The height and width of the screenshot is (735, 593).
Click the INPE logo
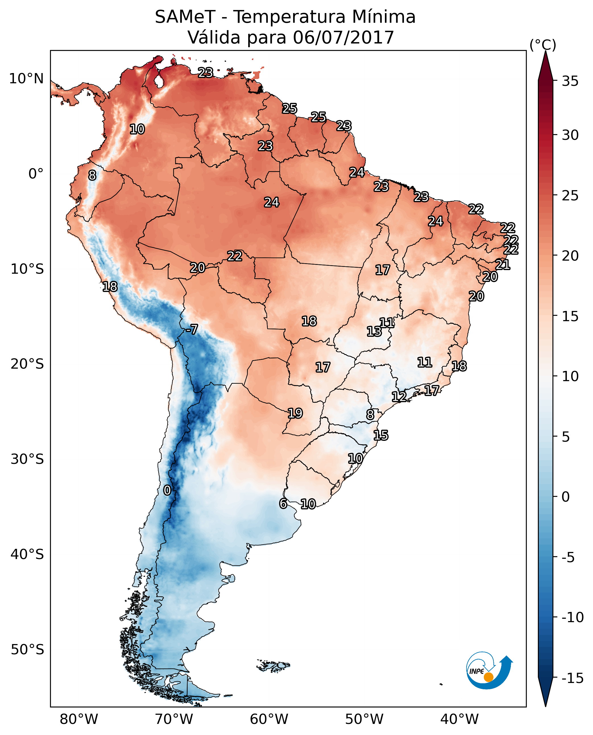pyautogui.click(x=489, y=670)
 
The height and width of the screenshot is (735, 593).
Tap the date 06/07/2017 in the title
pyautogui.click(x=343, y=37)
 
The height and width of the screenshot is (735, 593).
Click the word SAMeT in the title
pyautogui.click(x=185, y=17)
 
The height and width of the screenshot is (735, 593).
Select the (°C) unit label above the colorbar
pyautogui.click(x=543, y=45)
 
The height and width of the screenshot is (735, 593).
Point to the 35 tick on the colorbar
pyautogui.click(x=570, y=81)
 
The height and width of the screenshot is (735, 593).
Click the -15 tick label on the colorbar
pyautogui.click(x=572, y=678)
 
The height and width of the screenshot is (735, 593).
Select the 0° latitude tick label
pyautogui.click(x=36, y=174)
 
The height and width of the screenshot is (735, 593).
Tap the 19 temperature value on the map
pyautogui.click(x=295, y=413)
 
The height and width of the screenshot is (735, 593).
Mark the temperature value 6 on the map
pyautogui.click(x=283, y=503)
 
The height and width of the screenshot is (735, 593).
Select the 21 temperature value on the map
pyautogui.click(x=503, y=264)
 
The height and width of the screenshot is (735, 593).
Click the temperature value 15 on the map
pyautogui.click(x=381, y=435)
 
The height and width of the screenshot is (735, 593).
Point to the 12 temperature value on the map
pyautogui.click(x=399, y=396)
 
